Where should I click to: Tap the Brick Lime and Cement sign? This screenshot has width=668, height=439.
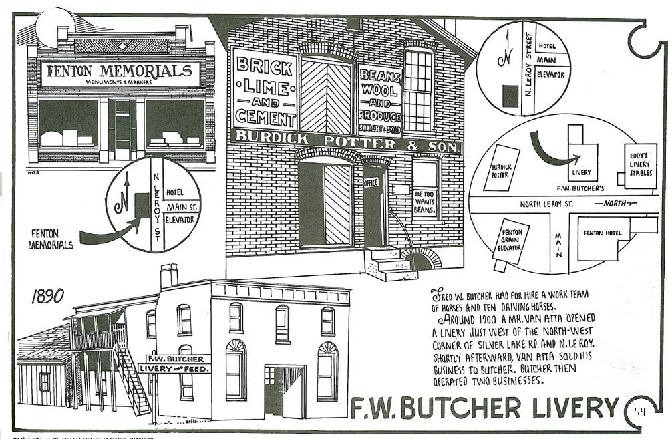click(x=265, y=93)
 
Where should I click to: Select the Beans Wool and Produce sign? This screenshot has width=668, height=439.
click(x=379, y=101)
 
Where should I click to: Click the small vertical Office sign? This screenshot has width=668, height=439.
click(x=371, y=181)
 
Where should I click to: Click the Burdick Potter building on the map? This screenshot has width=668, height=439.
click(x=506, y=171)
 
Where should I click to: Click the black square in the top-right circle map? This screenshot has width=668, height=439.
click(x=510, y=96)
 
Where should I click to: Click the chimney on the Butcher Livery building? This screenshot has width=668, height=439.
click(x=170, y=275)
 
